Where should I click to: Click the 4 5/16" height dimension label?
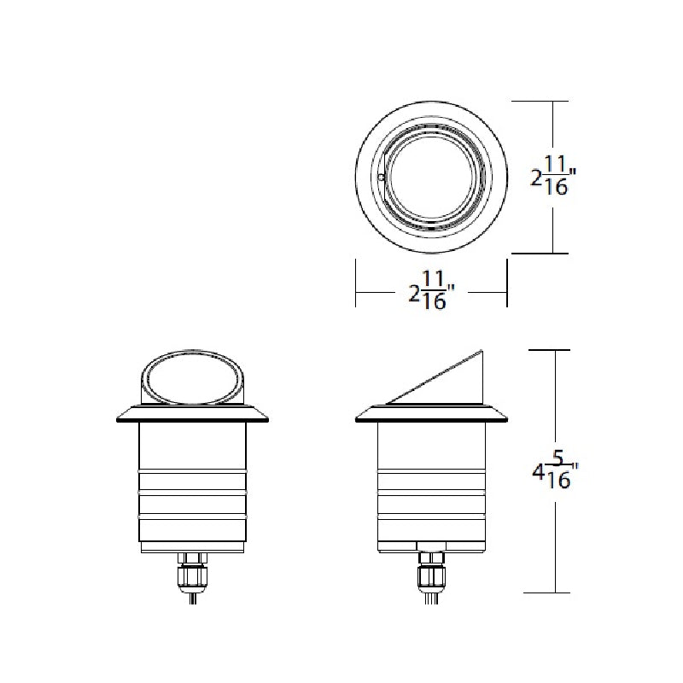tap(555, 471)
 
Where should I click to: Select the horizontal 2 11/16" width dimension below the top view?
tap(432, 290)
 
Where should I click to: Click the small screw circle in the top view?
tap(381, 178)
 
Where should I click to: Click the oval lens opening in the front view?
tap(192, 377)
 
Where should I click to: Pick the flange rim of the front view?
tap(192, 414)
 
